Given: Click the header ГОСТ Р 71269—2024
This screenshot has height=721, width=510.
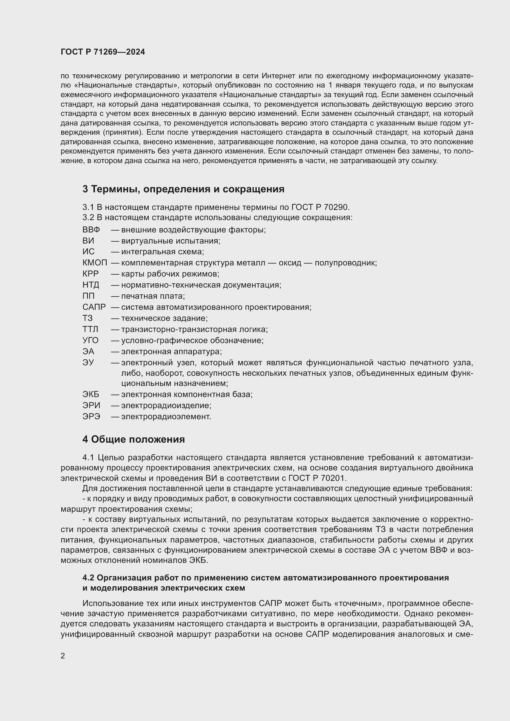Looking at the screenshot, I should tap(103, 52).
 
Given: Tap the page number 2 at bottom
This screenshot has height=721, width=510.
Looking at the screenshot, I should tap(63, 656).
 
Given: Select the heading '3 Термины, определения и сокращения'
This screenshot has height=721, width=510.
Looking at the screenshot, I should tap(183, 189).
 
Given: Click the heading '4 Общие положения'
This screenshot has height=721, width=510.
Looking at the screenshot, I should tap(134, 439).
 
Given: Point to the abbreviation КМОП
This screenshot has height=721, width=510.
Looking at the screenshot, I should tap(95, 263).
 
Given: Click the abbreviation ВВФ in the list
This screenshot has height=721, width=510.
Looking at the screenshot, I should tap(91, 230).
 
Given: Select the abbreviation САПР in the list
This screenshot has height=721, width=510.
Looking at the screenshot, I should tap(94, 307).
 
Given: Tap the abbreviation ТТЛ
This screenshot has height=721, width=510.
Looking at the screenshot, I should tap(90, 330).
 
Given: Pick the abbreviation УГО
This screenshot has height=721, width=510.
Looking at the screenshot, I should tap(90, 340).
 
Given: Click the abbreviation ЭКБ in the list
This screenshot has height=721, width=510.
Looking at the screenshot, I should tap(90, 395).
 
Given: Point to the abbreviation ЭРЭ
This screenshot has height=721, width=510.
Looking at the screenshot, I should tap(91, 417).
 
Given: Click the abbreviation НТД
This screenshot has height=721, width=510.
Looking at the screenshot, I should tap(90, 285).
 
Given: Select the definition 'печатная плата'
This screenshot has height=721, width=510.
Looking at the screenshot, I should tap(153, 296).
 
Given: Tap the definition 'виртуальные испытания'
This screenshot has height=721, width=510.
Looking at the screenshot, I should tap(171, 241).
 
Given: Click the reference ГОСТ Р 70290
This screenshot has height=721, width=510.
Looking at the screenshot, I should tap(320, 207).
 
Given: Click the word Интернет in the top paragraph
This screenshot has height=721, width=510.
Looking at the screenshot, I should tap(278, 76).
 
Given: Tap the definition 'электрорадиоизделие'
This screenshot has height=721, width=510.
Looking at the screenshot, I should tap(166, 405).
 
